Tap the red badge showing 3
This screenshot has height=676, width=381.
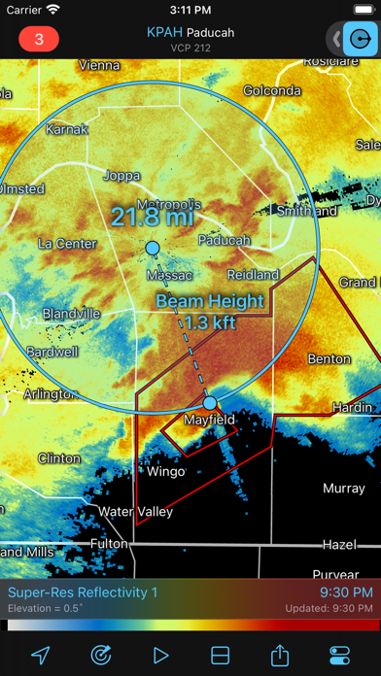pos(39,40)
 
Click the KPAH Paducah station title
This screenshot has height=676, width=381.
pos(190,32)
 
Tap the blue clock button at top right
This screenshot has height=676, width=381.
pos(361,40)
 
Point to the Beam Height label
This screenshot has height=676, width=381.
pos(210,301)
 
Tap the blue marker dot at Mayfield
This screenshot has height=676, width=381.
pos(210,403)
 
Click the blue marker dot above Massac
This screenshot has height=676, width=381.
pos(152,249)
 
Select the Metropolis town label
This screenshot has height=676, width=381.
pos(168,205)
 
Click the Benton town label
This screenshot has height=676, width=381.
pos(329,358)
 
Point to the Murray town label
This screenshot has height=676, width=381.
pos(343,488)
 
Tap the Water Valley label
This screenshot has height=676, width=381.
pos(135,511)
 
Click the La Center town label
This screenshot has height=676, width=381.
pos(67,243)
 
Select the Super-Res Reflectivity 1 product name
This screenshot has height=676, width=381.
pos(83,591)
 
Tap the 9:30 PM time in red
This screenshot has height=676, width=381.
pos(345,591)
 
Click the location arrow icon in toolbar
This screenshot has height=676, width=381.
pos(40,654)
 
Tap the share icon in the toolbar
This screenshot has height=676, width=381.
pos(282,654)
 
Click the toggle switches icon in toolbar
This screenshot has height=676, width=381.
pos(341,654)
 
